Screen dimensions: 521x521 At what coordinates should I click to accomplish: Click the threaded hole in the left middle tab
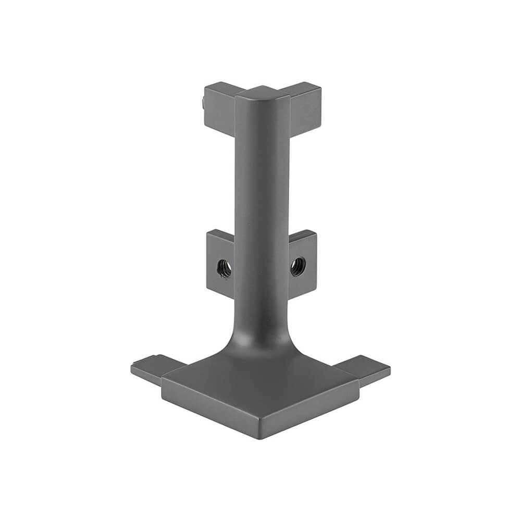(224, 268)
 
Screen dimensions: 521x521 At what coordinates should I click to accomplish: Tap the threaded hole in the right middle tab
(297, 266)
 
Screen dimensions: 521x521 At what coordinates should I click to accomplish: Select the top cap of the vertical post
(262, 93)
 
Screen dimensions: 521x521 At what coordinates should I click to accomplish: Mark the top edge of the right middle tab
(303, 233)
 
